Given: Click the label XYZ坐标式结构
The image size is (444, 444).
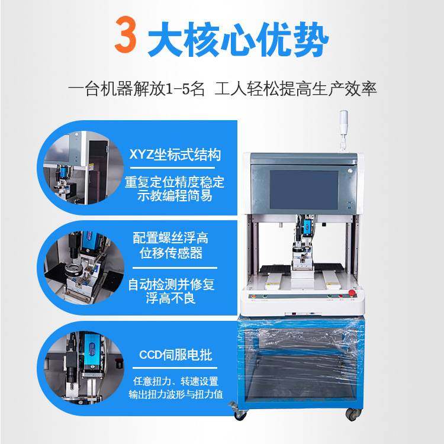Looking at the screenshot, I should tap(175, 156).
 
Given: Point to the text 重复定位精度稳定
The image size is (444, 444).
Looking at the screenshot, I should tap(175, 182).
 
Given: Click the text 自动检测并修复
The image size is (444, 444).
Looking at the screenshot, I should tap(172, 285).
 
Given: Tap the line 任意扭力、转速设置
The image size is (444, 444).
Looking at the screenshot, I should tap(175, 381).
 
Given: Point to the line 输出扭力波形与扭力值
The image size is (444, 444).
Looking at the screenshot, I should tap(175, 394).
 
